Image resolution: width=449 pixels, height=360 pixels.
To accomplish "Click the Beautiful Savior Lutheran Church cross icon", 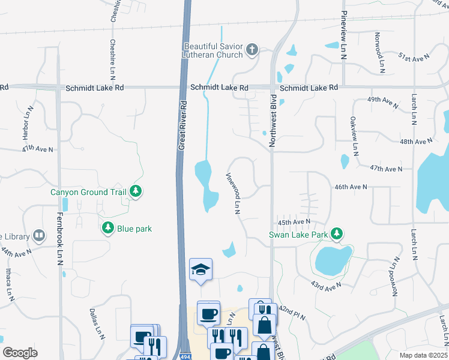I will [x=252, y=50].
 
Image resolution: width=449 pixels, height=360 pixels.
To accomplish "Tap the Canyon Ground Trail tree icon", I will [x=136, y=191].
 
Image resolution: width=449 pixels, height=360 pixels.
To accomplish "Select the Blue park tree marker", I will [x=108, y=228].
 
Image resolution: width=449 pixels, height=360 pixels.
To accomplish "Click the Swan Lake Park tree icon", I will [x=337, y=233].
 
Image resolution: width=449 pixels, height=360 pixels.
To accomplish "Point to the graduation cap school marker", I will [x=201, y=270].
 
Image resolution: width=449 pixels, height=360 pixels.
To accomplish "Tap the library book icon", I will [x=39, y=235].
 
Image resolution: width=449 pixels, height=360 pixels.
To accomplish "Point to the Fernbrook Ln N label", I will [x=61, y=239].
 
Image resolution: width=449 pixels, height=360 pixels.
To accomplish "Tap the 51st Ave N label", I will [x=415, y=57].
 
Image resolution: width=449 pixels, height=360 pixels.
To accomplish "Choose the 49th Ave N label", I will [x=382, y=101].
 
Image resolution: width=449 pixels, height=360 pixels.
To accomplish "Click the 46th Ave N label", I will [x=351, y=187].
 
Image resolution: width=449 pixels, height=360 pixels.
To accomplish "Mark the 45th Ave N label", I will [x=294, y=221].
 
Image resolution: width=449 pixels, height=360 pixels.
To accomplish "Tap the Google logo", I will [x=20, y=353].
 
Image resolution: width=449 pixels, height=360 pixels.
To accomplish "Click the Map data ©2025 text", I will [x=423, y=355].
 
